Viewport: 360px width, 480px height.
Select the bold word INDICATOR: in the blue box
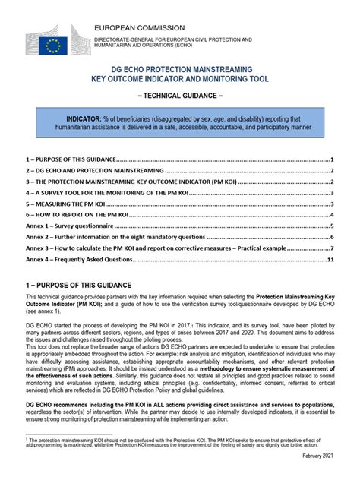(88, 119)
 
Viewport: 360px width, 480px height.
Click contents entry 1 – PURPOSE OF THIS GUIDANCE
(69, 160)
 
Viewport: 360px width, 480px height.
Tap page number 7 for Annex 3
(333, 248)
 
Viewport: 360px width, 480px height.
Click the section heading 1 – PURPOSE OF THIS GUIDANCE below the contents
(78, 284)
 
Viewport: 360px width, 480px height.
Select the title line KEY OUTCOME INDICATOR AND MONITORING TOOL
(180, 80)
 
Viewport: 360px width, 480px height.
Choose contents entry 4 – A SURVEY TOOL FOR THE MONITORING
(106, 194)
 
